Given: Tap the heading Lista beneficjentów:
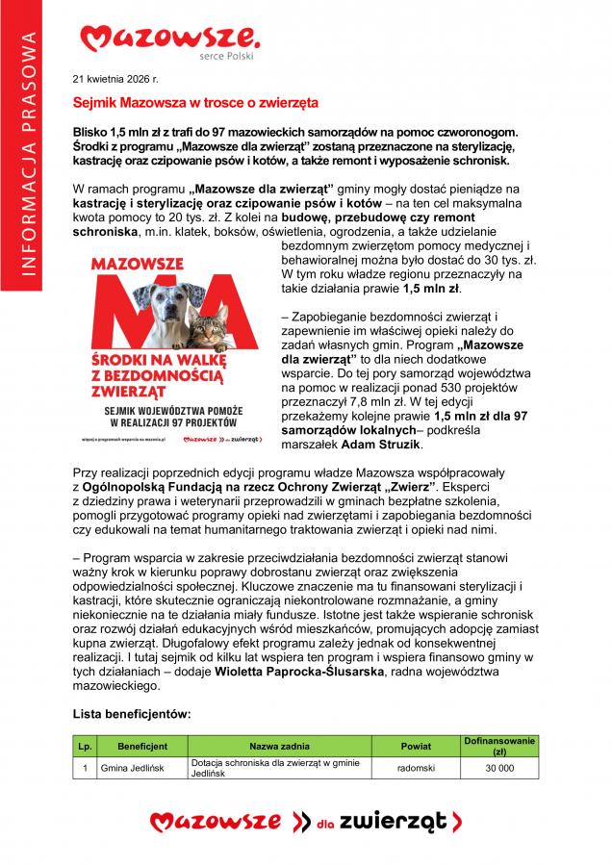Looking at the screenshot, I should [x=132, y=714].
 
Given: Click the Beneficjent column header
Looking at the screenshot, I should [x=142, y=746].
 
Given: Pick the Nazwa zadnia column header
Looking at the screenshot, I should [x=282, y=746].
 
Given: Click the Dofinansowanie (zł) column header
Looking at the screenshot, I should [x=499, y=746].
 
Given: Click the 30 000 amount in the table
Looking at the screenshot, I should [x=499, y=768].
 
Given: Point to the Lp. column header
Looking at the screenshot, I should [x=85, y=746].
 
